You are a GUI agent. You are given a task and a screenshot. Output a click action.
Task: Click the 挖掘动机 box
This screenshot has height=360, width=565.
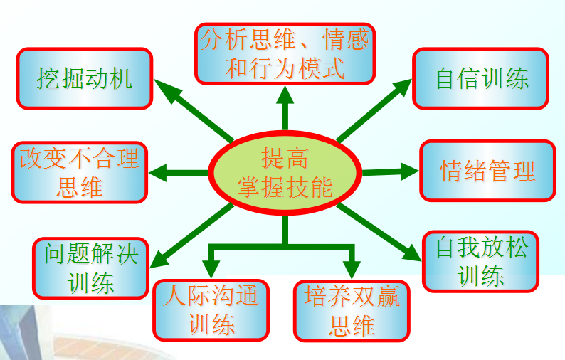point(85,78)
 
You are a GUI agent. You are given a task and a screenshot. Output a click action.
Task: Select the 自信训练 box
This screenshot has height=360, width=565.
point(481,78)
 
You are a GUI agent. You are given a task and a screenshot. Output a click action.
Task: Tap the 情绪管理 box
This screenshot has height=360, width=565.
point(488,171)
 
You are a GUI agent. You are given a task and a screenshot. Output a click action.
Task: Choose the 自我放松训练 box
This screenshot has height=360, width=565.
point(481,262)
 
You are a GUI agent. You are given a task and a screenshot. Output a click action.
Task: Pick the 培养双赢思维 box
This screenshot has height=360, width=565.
point(352,311)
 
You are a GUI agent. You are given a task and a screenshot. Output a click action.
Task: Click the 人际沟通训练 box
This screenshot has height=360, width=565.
point(211,310)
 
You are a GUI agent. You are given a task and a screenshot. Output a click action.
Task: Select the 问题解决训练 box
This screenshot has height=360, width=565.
point(91,268)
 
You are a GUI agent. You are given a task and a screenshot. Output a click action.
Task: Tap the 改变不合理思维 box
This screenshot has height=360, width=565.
point(80,172)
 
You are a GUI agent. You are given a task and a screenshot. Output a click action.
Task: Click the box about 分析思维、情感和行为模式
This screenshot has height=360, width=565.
point(285,54)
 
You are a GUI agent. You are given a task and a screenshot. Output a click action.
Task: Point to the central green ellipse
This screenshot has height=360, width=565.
point(285,173)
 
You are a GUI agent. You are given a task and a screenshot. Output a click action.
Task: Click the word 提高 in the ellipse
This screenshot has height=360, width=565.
point(285,158)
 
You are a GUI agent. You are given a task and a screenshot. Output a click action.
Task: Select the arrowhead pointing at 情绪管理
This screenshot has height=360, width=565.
point(409,171)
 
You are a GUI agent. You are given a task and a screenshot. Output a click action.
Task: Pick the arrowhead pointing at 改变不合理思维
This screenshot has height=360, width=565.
point(158,173)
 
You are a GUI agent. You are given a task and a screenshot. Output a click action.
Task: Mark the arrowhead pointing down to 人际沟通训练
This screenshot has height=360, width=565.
point(211,269)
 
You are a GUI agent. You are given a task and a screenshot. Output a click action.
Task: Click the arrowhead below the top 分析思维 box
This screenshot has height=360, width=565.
point(285,95)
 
